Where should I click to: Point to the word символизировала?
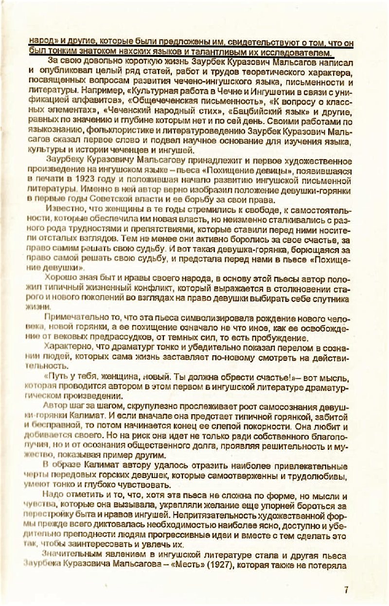tap(204, 318)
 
